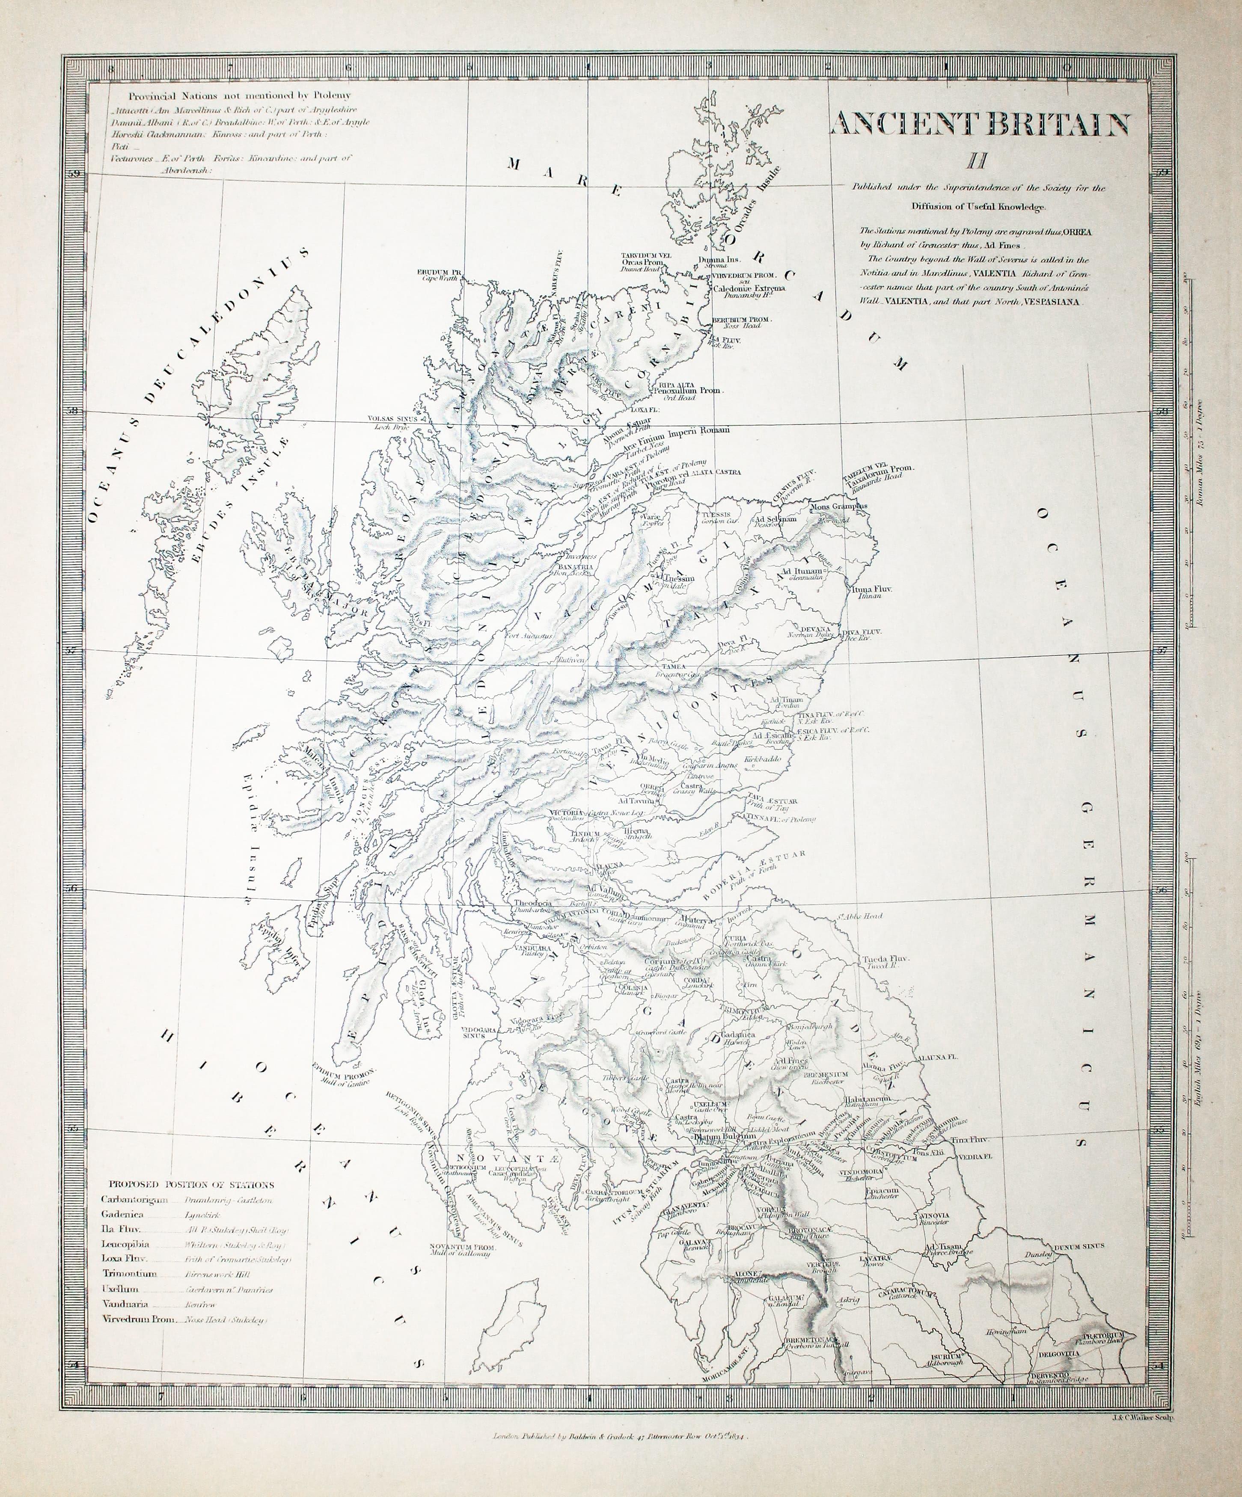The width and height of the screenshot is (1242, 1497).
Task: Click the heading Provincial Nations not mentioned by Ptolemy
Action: pos(240,95)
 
